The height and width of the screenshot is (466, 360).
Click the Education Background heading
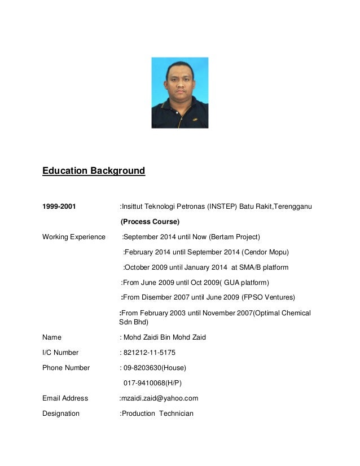(x=94, y=170)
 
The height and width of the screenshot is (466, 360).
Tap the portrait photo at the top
(x=179, y=93)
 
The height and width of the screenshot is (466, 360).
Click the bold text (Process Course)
(x=150, y=221)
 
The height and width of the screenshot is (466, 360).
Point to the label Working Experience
(x=73, y=236)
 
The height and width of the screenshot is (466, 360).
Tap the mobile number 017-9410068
(x=143, y=383)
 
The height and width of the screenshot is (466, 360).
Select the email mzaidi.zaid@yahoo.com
(x=160, y=398)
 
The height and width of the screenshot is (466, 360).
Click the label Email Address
(x=65, y=398)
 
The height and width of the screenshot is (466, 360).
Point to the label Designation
(x=61, y=414)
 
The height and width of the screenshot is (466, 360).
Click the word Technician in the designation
(x=176, y=414)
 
